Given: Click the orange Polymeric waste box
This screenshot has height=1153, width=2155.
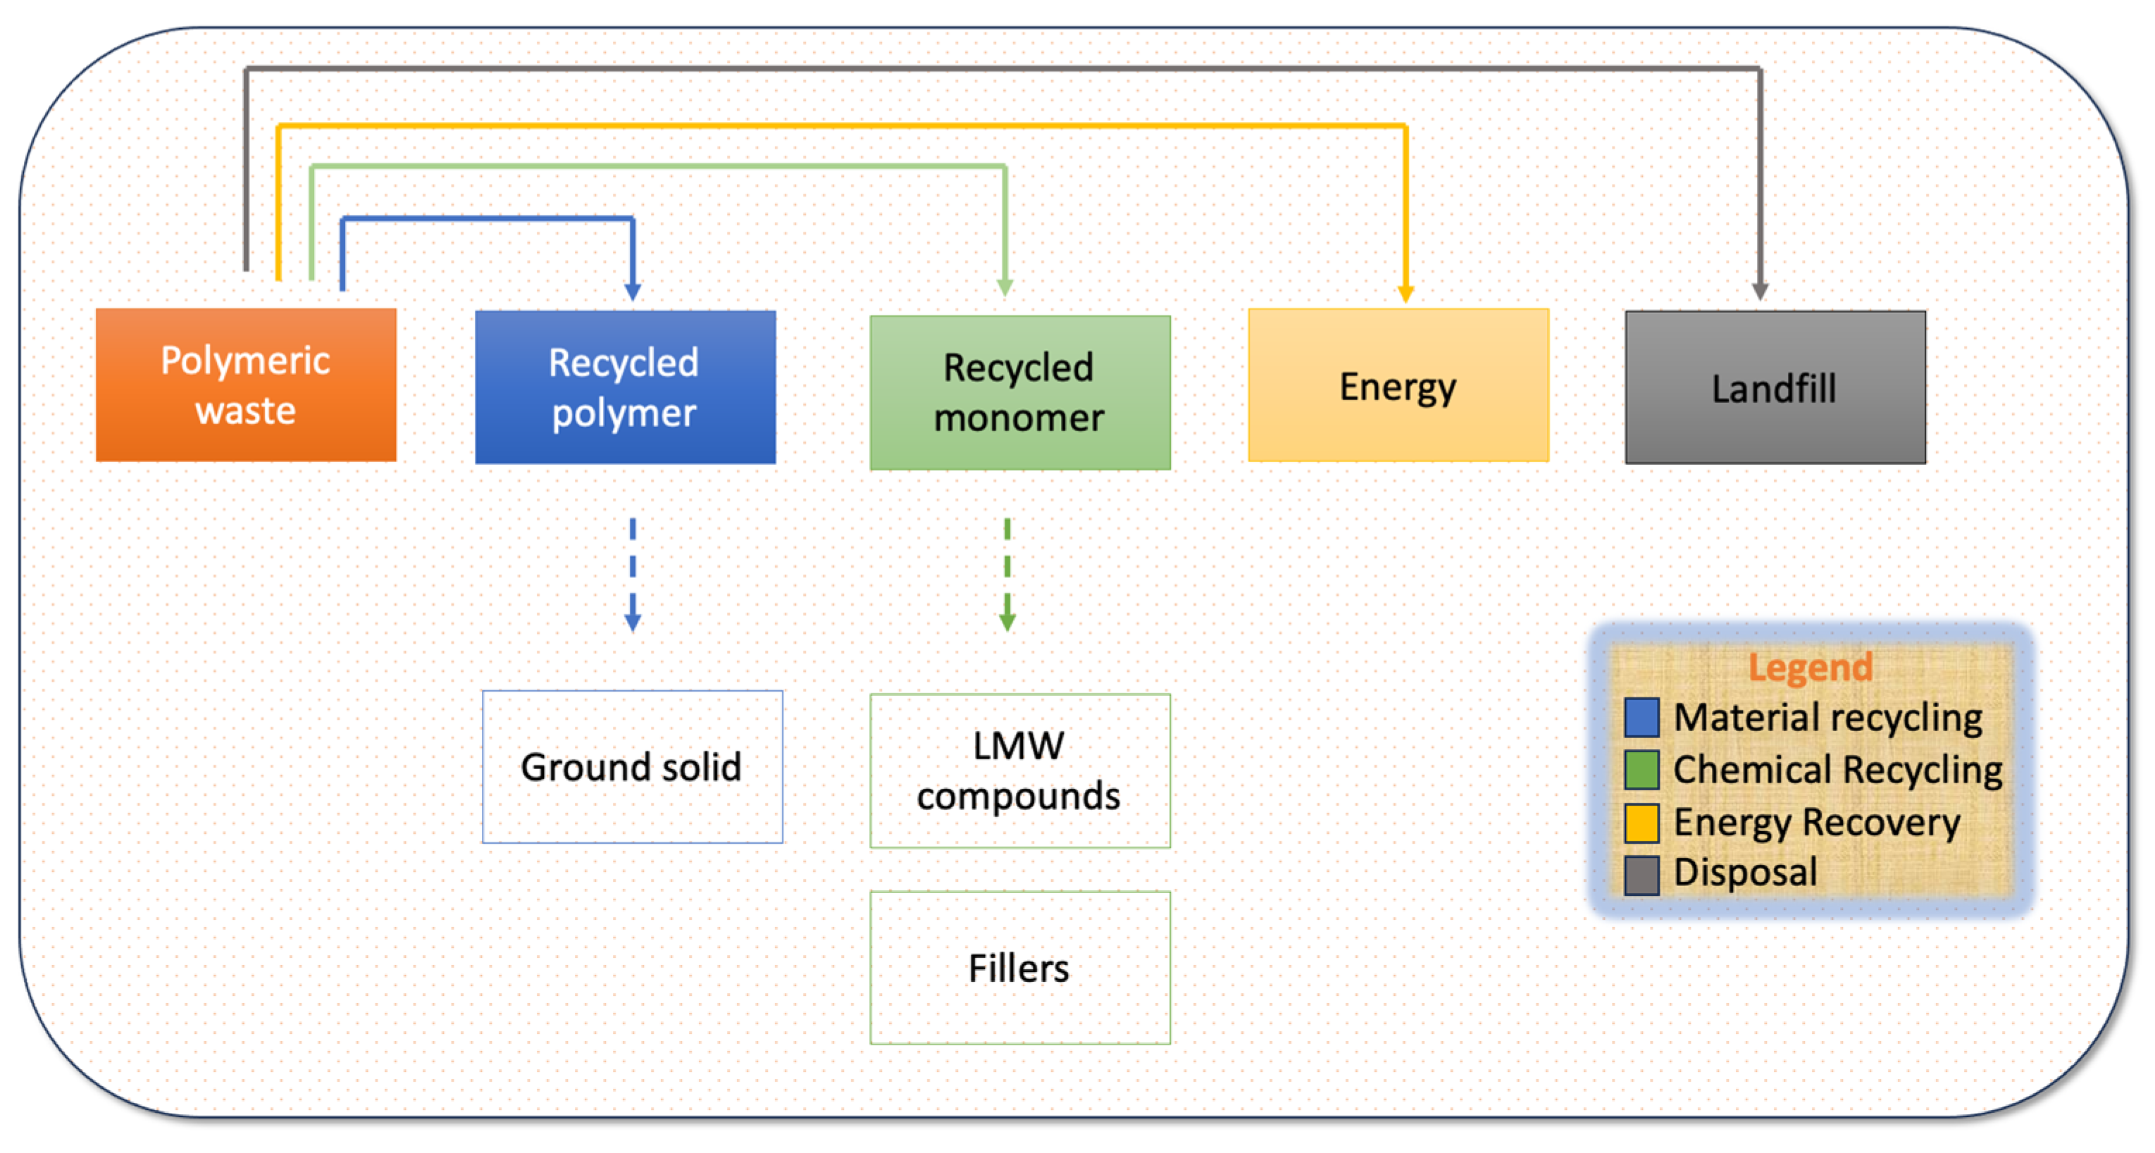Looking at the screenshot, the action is pyautogui.click(x=246, y=385).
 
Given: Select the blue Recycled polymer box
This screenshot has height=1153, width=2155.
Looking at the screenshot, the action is pyautogui.click(x=625, y=387).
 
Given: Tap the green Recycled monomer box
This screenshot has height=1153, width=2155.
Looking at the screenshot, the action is pyautogui.click(x=1020, y=392).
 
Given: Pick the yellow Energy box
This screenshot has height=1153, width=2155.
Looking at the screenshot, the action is pyautogui.click(x=1398, y=385).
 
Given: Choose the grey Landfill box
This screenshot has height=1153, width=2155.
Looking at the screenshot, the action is pyautogui.click(x=1775, y=387).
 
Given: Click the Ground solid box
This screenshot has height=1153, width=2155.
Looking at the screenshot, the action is pyautogui.click(x=633, y=767).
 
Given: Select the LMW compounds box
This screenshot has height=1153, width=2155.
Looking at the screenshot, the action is pyautogui.click(x=1020, y=771).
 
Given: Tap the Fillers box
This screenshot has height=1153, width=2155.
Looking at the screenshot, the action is pyautogui.click(x=1020, y=967).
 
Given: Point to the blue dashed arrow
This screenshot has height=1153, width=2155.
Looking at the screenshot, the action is pyautogui.click(x=633, y=575).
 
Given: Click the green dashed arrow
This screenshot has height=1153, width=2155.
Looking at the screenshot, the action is pyautogui.click(x=1007, y=575).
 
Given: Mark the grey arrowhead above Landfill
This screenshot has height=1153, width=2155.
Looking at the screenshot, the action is pyautogui.click(x=1760, y=291).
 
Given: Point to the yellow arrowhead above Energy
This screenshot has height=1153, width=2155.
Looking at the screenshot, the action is pyautogui.click(x=1405, y=294).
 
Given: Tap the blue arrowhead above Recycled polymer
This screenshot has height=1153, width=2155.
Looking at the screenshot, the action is pyautogui.click(x=633, y=292).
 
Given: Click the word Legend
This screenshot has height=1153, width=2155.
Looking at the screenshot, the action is pyautogui.click(x=1811, y=668).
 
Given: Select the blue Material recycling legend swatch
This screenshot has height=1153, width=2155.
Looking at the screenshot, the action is pyautogui.click(x=1641, y=718).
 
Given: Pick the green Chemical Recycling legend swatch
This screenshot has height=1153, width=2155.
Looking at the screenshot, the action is pyautogui.click(x=1641, y=770).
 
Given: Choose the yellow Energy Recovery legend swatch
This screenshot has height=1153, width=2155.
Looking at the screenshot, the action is pyautogui.click(x=1641, y=823).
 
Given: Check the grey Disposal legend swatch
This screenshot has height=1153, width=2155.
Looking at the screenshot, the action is pyautogui.click(x=1641, y=875).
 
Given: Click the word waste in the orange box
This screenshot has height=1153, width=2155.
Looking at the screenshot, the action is pyautogui.click(x=246, y=411).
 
